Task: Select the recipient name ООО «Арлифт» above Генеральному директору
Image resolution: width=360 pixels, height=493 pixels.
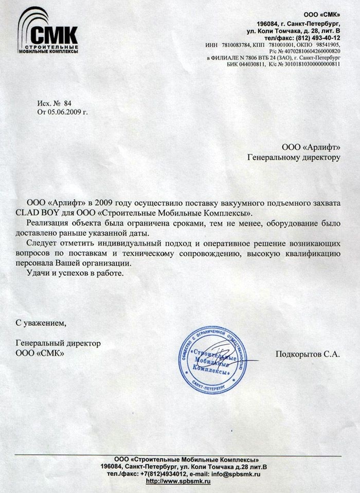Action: point(310,148)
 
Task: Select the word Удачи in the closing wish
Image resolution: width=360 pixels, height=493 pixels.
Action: point(38,272)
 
